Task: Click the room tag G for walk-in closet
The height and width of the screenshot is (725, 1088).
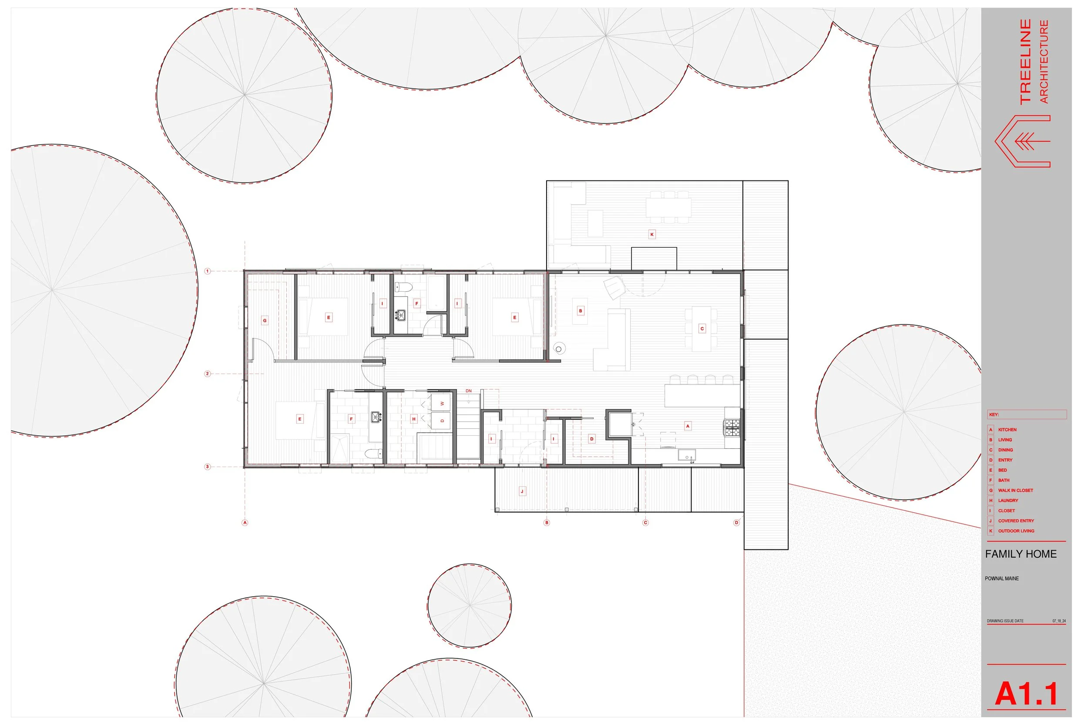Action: coord(265,321)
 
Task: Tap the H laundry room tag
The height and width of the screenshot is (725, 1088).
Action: coord(414,419)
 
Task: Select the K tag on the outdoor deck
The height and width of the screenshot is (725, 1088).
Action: coord(652,234)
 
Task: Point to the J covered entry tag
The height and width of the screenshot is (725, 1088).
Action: coord(522,491)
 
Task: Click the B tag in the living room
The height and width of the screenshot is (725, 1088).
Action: coord(581,311)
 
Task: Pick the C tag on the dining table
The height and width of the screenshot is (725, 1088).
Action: coord(702,329)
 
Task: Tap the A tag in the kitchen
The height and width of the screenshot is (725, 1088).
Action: coord(688,426)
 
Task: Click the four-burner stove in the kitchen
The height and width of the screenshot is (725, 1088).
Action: coord(732,427)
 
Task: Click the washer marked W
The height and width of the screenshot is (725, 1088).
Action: coord(442,403)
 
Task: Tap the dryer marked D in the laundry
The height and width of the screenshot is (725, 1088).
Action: coord(442,421)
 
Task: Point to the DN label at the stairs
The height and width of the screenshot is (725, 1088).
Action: coord(469,391)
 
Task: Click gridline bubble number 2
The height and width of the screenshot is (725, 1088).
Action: coord(208,374)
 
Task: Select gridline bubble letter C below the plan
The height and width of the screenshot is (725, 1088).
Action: coord(645,523)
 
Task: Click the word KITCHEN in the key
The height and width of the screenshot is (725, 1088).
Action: coord(1007,430)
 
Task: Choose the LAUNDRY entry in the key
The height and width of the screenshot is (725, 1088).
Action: coord(1008,500)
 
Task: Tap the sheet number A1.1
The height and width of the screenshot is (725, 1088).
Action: coord(1027,694)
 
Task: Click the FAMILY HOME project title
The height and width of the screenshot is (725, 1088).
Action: coord(1021,554)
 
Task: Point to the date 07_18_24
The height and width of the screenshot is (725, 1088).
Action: coord(1059,621)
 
